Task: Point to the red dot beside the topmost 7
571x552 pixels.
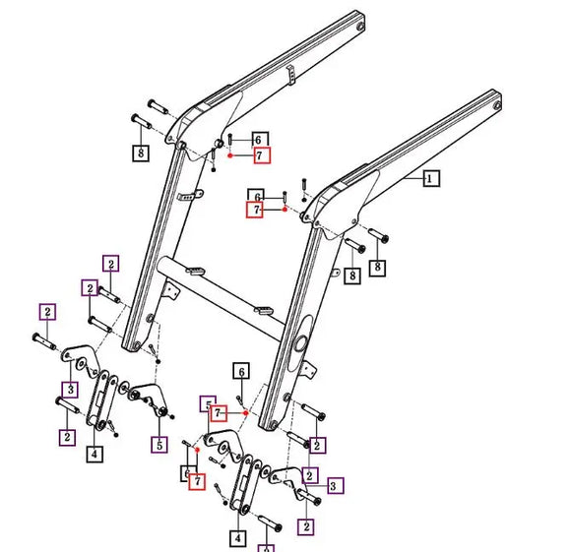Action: click(229, 155)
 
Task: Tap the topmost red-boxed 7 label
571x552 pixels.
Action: click(260, 155)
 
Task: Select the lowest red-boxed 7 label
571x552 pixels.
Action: click(197, 482)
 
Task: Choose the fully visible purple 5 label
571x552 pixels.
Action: click(159, 444)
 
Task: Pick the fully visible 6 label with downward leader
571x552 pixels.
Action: click(239, 371)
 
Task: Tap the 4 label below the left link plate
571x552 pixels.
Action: click(94, 454)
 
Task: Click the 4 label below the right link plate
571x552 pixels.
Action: click(237, 538)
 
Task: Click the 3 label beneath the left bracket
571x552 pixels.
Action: click(69, 390)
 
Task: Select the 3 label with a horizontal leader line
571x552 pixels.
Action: click(335, 485)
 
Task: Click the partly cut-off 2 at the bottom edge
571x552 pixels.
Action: click(268, 547)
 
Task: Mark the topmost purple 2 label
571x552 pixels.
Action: click(111, 264)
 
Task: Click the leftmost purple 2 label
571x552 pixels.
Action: click(46, 312)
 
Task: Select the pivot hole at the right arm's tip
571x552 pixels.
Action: click(498, 100)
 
